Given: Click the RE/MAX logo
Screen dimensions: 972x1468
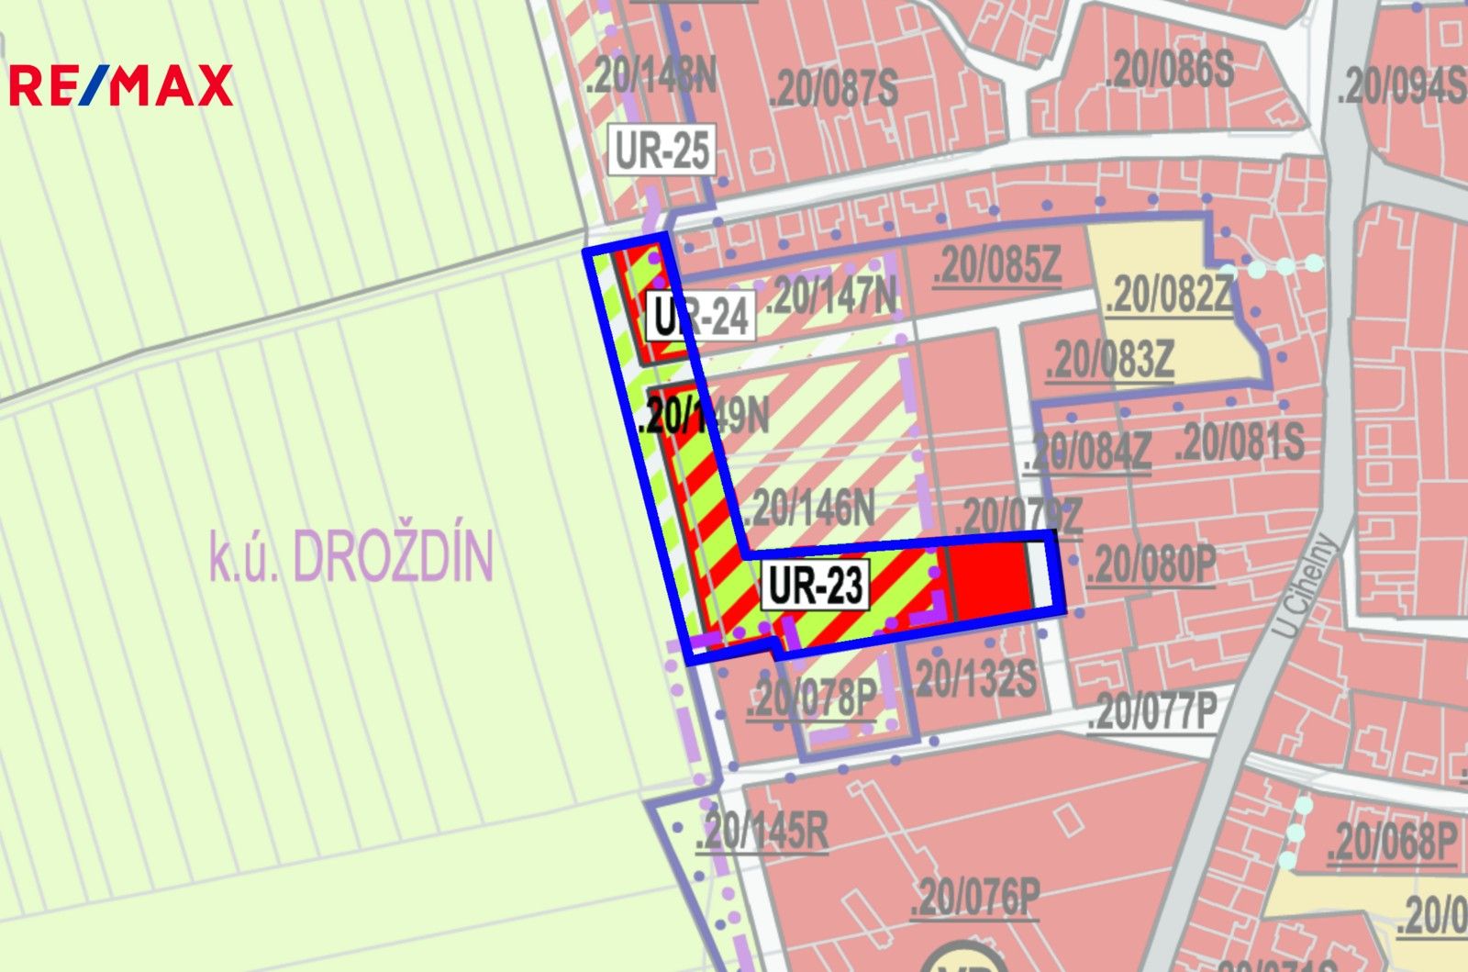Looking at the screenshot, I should (x=120, y=85).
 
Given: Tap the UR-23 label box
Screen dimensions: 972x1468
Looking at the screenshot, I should (x=815, y=585).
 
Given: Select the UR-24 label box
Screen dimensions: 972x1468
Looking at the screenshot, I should (x=701, y=316).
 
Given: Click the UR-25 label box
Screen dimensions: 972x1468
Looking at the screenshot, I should (x=662, y=150).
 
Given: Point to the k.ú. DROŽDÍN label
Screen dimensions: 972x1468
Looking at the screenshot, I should (x=351, y=555).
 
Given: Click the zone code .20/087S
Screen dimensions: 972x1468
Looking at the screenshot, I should (x=834, y=88).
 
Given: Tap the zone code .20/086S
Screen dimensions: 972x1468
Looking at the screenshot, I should (x=1170, y=69).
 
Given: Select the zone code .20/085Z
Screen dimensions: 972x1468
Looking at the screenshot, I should (x=996, y=265).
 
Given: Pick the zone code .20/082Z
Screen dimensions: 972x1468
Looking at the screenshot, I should (x=1169, y=296).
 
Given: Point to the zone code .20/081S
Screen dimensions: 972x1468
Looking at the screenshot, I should (x=1240, y=441).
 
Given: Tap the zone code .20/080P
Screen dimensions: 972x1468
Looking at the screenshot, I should (x=1151, y=564).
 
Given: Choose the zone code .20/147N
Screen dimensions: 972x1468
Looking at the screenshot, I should (x=831, y=296).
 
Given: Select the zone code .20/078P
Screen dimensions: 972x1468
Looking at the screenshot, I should (x=812, y=698).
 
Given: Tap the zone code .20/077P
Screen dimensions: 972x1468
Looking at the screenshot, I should (x=1152, y=711).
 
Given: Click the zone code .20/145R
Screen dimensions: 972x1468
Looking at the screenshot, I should (x=762, y=832).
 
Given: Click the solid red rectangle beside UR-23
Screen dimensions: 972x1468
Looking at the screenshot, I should (x=988, y=576).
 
